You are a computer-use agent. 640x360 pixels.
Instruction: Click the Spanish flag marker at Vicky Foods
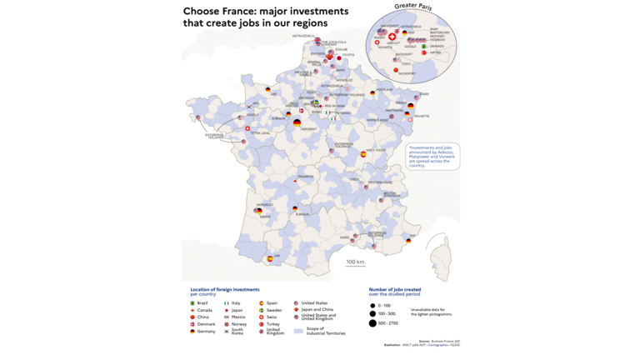pos(362,154)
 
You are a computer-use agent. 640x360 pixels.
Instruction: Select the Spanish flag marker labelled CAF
pos(269,259)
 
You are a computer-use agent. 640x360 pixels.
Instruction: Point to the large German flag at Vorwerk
pos(297,122)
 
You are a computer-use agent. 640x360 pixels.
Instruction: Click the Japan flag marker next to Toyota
pos(339,58)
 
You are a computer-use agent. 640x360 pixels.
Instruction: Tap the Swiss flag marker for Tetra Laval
pos(247,128)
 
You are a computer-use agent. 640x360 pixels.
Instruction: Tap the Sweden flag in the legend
pos(261,309)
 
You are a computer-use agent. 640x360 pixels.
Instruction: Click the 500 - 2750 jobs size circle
pos(372,322)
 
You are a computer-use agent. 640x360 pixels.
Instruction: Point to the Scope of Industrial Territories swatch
pos(297,331)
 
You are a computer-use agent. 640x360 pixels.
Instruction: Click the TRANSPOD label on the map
pos(304,177)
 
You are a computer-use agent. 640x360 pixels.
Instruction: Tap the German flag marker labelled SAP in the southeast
pos(408,240)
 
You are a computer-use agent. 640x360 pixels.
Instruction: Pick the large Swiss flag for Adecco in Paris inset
pos(392,37)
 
